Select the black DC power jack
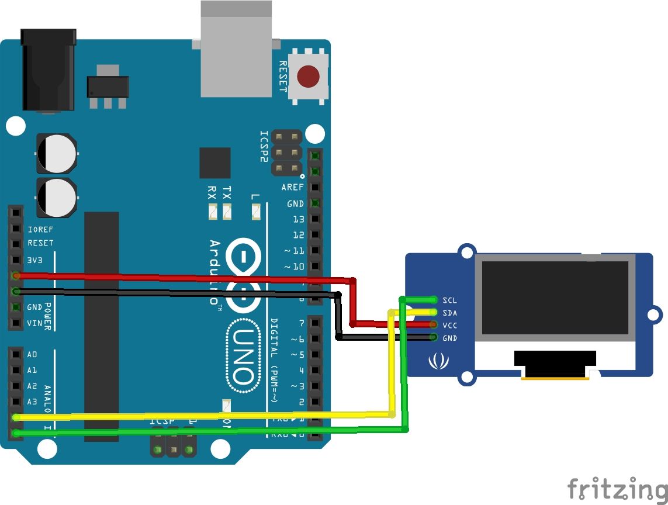click(49, 70)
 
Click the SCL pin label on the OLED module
click(449, 300)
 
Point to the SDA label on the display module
click(449, 313)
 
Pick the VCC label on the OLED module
click(449, 326)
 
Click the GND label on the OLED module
click(449, 338)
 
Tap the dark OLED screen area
click(555, 298)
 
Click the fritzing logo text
click(617, 488)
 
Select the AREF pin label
click(293, 188)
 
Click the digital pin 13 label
click(299, 219)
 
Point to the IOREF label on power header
click(40, 229)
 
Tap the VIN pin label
click(34, 323)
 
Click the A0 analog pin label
click(32, 354)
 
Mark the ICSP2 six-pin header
click(286, 153)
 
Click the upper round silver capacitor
click(56, 153)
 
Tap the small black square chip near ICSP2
click(214, 162)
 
